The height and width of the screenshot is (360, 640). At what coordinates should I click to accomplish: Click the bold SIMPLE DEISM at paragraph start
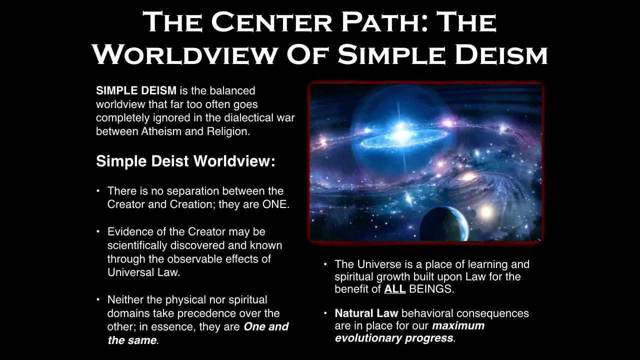136,90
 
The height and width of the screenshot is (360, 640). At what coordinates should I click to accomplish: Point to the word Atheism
161,131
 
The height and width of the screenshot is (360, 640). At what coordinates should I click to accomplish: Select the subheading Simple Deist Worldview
185,161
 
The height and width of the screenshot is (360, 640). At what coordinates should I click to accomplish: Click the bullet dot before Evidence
98,231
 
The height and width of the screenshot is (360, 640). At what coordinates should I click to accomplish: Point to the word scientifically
137,245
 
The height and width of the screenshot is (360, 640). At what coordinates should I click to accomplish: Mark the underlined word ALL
395,289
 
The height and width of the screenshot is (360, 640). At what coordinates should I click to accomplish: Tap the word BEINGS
431,289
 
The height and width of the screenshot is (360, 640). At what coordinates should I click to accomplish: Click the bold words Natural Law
366,313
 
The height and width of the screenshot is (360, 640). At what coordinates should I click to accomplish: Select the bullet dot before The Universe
325,264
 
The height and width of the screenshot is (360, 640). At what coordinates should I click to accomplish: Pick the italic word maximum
458,325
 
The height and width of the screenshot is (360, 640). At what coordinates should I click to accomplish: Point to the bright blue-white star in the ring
401,132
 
